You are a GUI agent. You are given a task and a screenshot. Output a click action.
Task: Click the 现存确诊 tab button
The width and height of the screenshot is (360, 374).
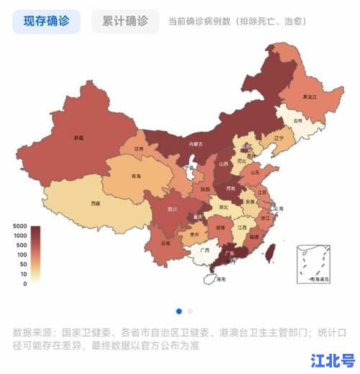tap(47, 22)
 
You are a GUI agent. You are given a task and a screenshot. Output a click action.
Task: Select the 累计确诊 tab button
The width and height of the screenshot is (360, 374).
tap(125, 22)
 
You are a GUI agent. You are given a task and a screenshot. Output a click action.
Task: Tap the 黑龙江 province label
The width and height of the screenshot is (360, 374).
tap(310, 96)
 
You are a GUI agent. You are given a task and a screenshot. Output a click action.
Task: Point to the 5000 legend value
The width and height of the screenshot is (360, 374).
tap(19, 226)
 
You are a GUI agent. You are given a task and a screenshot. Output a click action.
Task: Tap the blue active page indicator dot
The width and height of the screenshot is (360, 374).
tap(179, 311)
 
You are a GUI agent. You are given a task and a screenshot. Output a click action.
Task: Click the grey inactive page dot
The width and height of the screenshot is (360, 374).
tap(190, 311)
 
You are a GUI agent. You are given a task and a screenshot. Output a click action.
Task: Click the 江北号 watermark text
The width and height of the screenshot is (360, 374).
tap(333, 360)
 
